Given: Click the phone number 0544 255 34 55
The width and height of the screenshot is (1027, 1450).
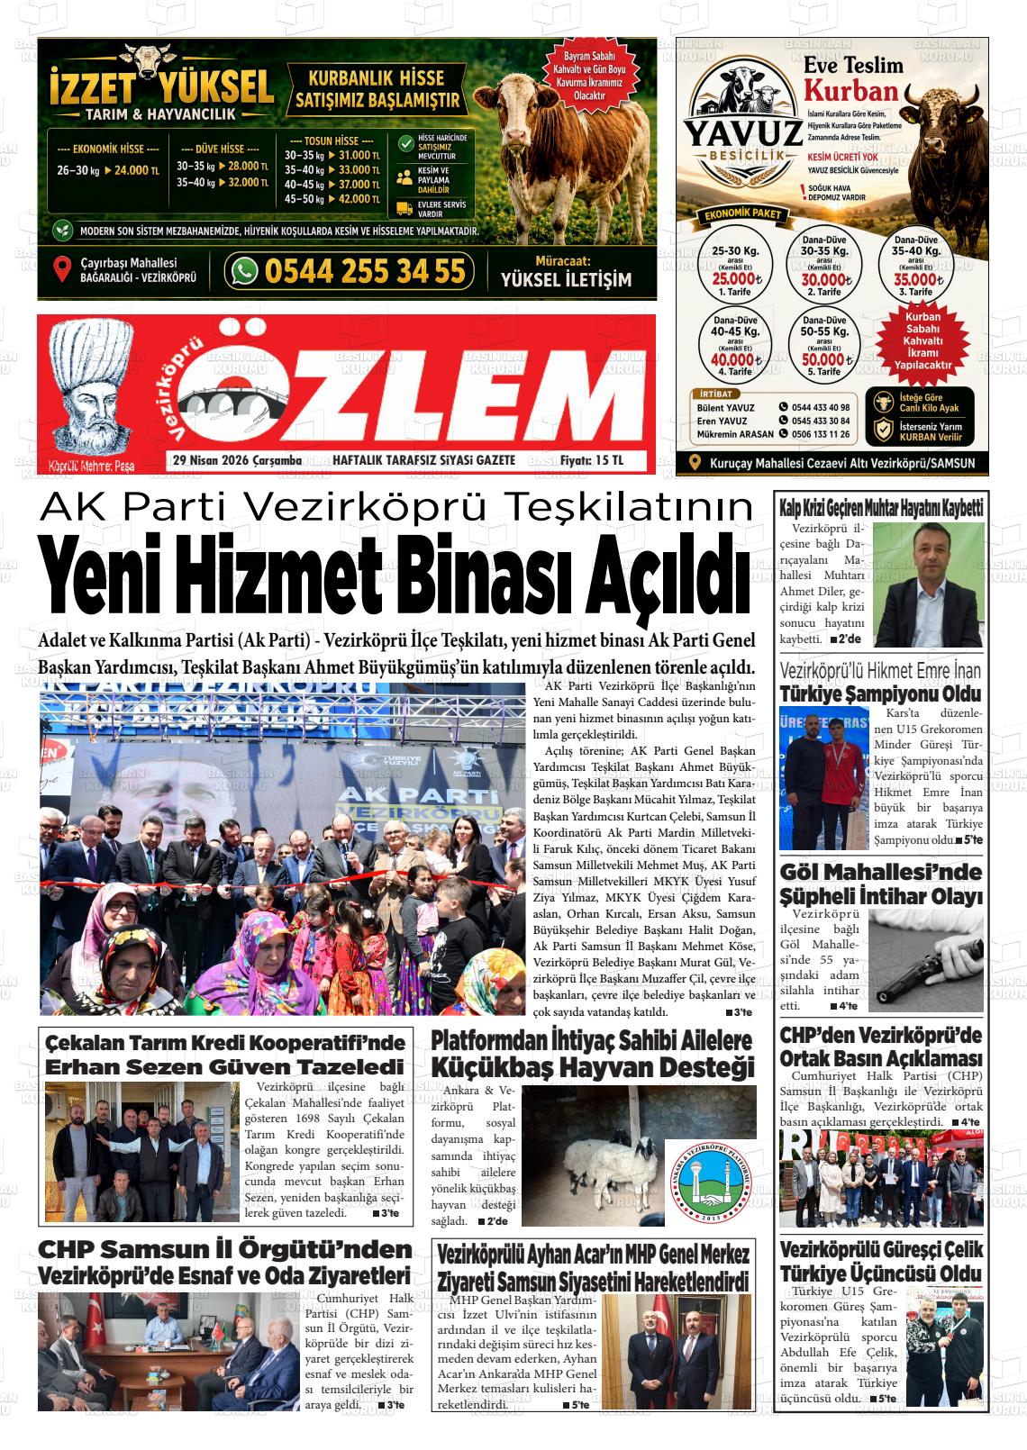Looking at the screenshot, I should pos(365,271).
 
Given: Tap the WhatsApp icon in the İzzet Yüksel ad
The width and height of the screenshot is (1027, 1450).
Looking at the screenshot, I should pos(243,271).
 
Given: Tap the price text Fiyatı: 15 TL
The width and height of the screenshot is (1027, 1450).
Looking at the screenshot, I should pos(591,460).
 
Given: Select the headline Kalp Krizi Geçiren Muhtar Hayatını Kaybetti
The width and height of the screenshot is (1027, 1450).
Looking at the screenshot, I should pos(880,508).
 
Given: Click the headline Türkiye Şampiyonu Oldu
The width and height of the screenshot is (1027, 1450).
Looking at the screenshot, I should pos(880,694).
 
